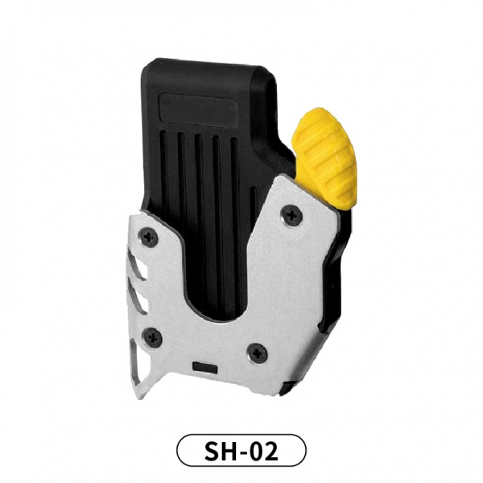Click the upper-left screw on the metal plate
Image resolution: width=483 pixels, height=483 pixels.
[148, 237]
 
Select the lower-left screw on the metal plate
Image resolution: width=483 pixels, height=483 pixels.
[152, 336]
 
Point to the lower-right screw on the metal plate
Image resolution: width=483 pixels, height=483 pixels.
[258, 353]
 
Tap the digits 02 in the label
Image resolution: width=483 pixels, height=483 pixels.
[265, 451]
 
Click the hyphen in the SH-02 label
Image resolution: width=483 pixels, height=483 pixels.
[242, 452]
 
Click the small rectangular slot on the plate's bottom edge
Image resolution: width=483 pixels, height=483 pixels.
[204, 369]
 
